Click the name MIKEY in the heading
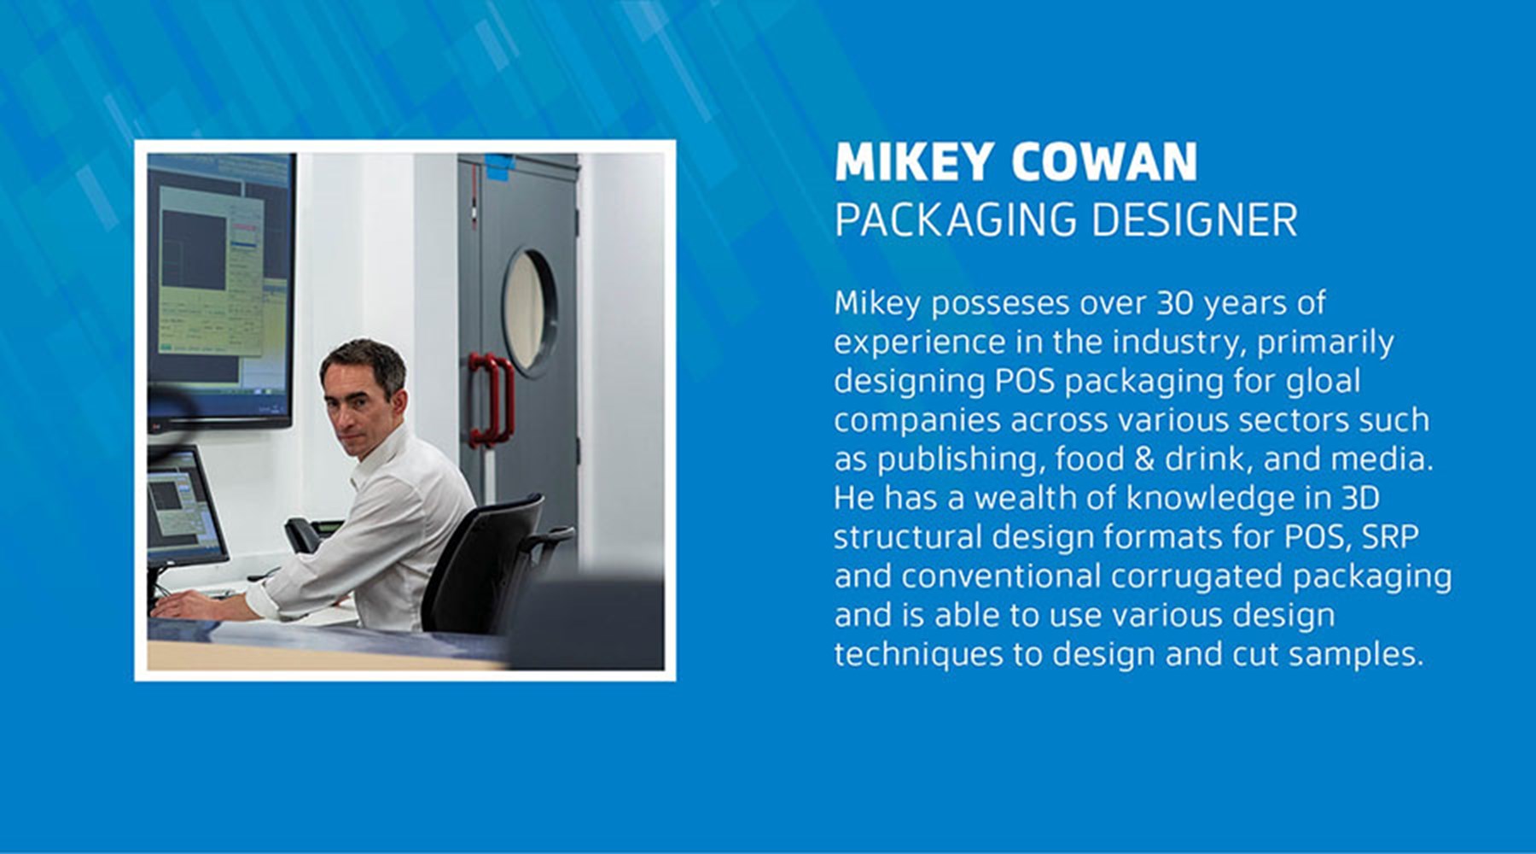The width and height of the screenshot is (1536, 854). coord(914,162)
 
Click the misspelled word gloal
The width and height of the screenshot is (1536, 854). coord(1324,381)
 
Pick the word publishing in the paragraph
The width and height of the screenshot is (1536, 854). coord(956,459)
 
